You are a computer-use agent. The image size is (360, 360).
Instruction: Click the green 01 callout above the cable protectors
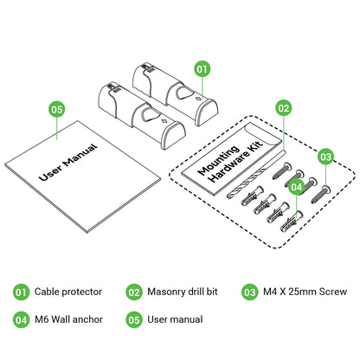(202, 69)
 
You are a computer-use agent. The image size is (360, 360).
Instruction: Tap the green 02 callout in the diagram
(284, 108)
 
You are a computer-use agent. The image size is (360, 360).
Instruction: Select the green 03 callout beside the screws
(326, 157)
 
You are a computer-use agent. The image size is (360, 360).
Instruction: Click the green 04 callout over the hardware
(297, 187)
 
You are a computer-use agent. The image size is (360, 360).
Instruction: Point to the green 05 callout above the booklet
(57, 109)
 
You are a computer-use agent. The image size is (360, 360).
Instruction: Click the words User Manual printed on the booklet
(68, 162)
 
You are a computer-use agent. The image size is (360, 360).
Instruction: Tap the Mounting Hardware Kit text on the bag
(230, 161)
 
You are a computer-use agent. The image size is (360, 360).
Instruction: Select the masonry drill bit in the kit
(255, 175)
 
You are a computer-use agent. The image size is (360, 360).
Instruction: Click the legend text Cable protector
(68, 292)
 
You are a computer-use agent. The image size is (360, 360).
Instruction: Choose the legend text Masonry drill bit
(183, 292)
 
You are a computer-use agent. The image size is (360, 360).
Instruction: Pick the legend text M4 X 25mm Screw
(305, 292)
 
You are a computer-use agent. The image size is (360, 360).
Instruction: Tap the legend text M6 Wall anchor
(68, 319)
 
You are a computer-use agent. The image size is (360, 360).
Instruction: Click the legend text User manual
(175, 319)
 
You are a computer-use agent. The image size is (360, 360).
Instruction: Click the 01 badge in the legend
(21, 292)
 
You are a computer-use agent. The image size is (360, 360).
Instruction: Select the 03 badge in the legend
(250, 292)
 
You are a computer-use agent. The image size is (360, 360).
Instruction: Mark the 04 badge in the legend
(21, 320)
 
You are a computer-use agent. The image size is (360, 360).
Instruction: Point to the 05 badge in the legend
(134, 320)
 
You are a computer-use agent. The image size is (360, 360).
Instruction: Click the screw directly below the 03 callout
(321, 195)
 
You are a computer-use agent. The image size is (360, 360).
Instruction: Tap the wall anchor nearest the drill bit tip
(252, 196)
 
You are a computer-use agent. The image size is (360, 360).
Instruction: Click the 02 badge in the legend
(134, 292)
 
